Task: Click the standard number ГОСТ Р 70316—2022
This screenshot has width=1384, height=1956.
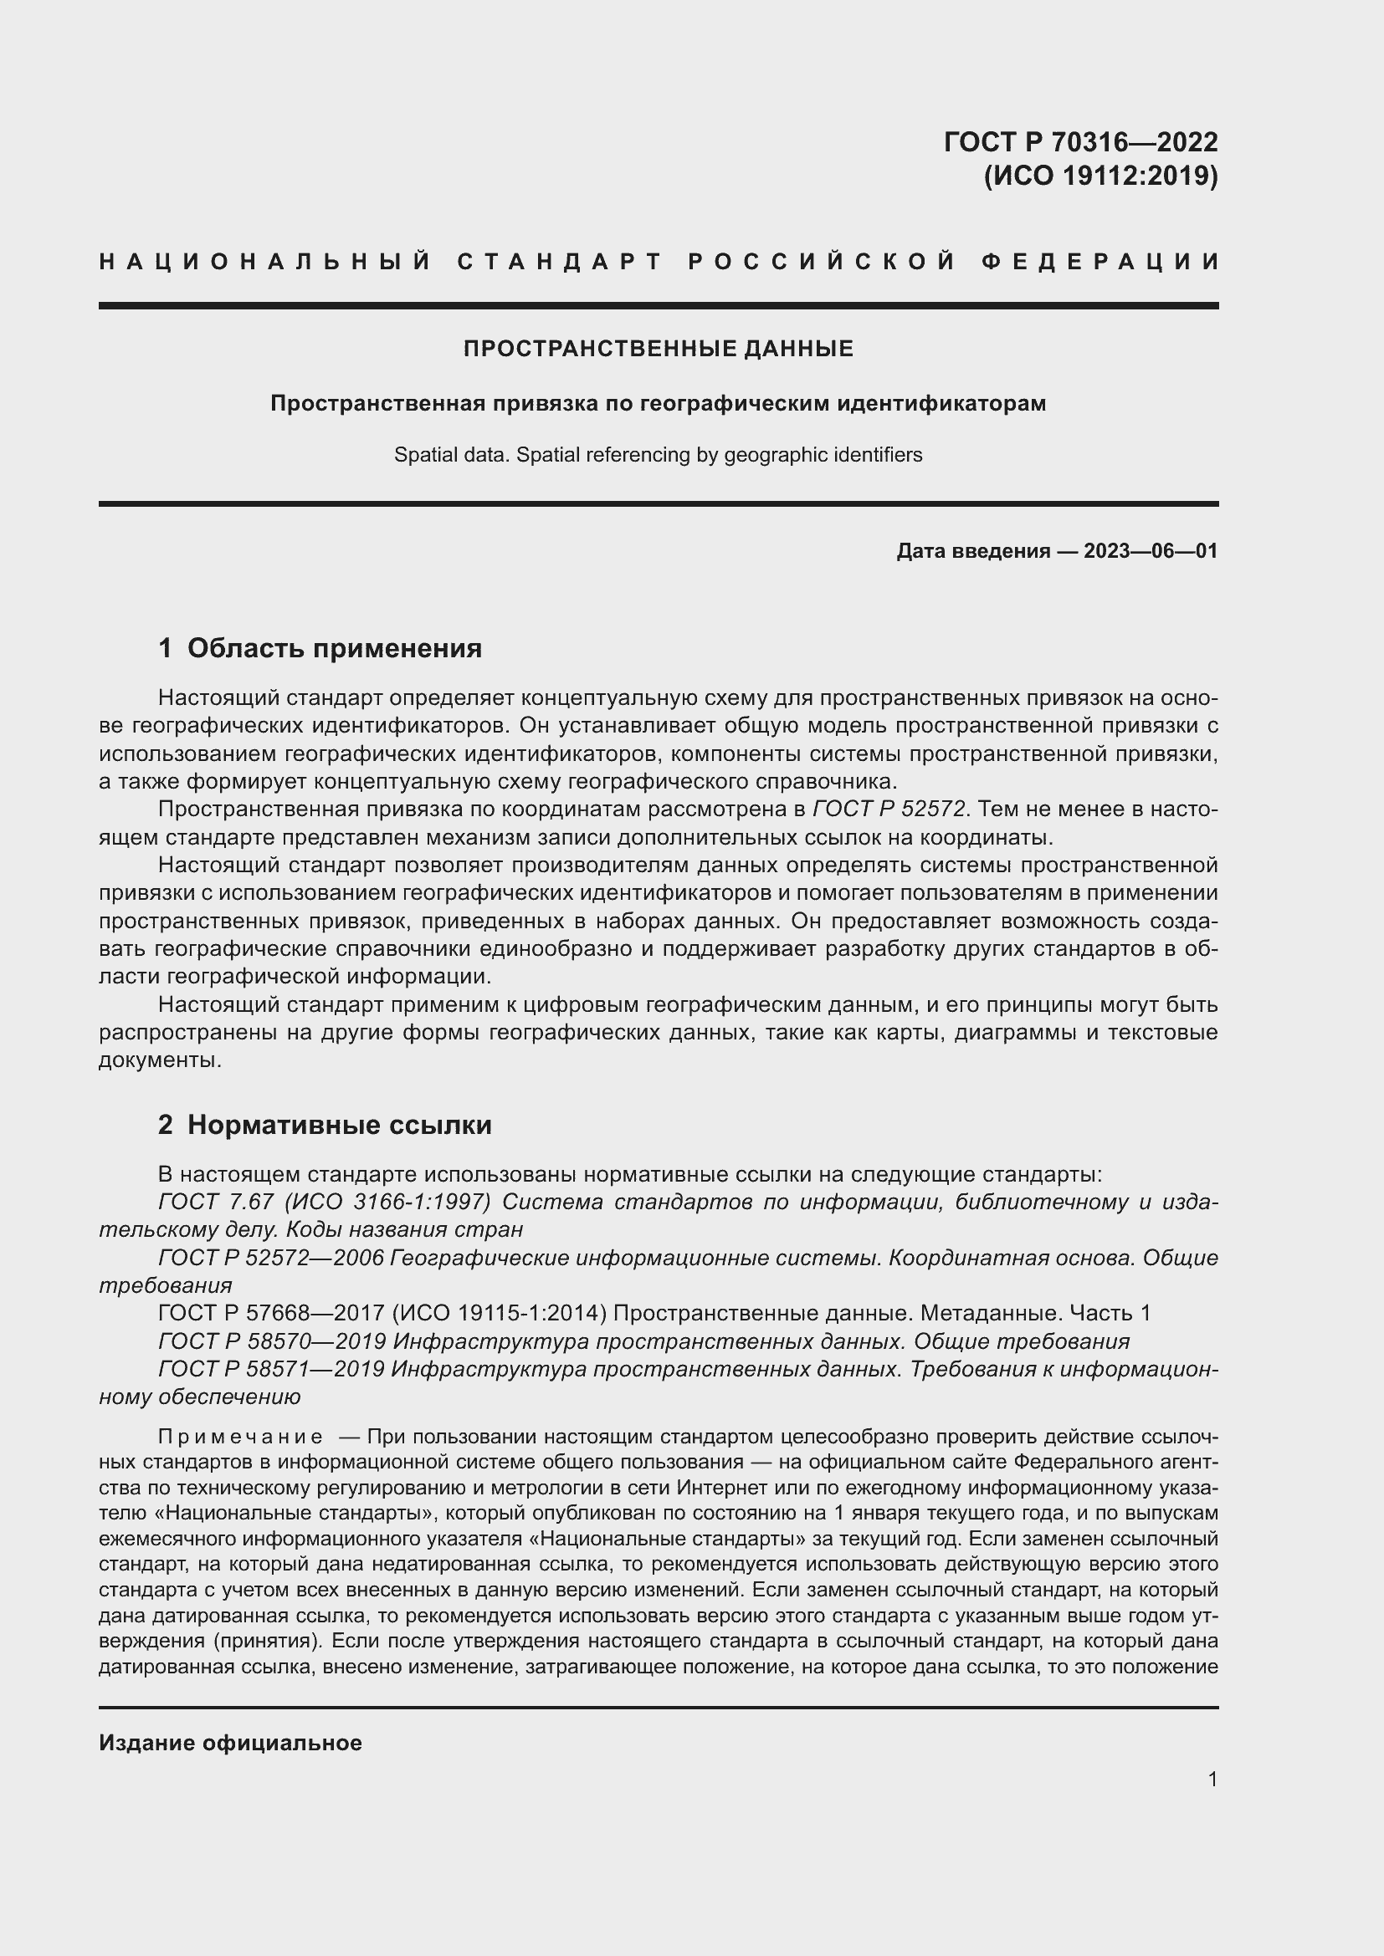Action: click(x=1079, y=141)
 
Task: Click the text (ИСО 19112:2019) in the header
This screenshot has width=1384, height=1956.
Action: click(x=1100, y=176)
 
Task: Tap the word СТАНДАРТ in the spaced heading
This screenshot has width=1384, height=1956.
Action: click(x=560, y=261)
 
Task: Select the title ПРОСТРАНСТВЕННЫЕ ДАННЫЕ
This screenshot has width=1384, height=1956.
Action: click(x=658, y=349)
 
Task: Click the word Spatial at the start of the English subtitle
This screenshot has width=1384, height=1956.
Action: click(x=423, y=455)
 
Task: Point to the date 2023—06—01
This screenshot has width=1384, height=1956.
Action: click(x=1150, y=551)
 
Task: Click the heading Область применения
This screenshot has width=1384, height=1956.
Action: click(x=334, y=648)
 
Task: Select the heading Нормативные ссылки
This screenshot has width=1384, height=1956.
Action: click(x=339, y=1125)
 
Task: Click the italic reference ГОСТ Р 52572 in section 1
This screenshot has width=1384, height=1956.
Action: click(x=889, y=809)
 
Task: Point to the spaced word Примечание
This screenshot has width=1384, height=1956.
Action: click(x=240, y=1438)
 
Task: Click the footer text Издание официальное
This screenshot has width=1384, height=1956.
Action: click(x=230, y=1743)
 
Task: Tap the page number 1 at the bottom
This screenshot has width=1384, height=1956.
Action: click(x=1212, y=1779)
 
